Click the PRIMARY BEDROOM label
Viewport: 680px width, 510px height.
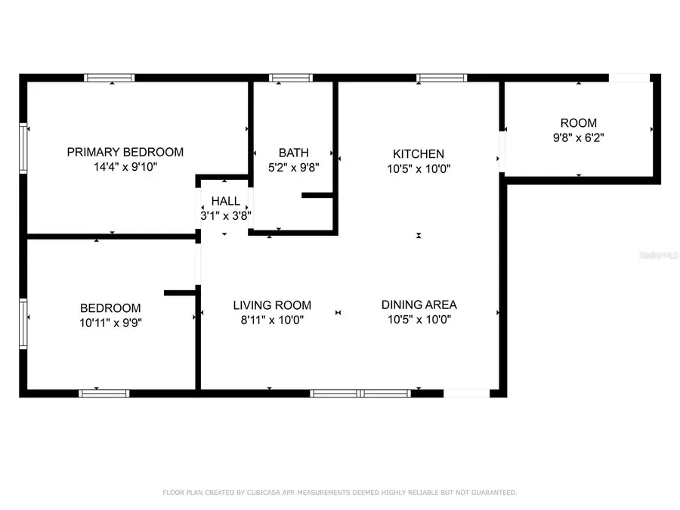point(125,152)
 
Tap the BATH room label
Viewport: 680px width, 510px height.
point(293,153)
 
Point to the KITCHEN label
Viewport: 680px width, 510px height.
point(419,153)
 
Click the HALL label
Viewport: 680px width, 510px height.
point(225,201)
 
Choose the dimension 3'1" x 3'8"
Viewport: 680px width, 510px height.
point(225,215)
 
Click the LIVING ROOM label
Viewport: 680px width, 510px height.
point(271,305)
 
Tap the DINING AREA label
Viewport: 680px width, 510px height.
point(419,305)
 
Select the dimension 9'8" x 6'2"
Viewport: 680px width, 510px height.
point(578,138)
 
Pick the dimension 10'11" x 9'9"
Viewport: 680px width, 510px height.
point(111,323)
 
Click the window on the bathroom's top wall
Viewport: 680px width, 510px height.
point(291,77)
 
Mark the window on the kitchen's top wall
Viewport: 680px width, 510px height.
point(442,77)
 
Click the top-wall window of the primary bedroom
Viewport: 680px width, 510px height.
point(110,77)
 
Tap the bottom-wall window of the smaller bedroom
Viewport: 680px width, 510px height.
point(104,393)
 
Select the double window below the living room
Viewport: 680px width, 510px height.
point(360,393)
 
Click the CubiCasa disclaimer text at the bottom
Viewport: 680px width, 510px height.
point(340,493)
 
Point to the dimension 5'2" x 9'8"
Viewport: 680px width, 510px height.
point(294,168)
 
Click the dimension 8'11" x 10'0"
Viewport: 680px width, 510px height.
point(271,320)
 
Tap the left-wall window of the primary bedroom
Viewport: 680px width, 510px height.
point(23,148)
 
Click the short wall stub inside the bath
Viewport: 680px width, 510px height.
point(317,196)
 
